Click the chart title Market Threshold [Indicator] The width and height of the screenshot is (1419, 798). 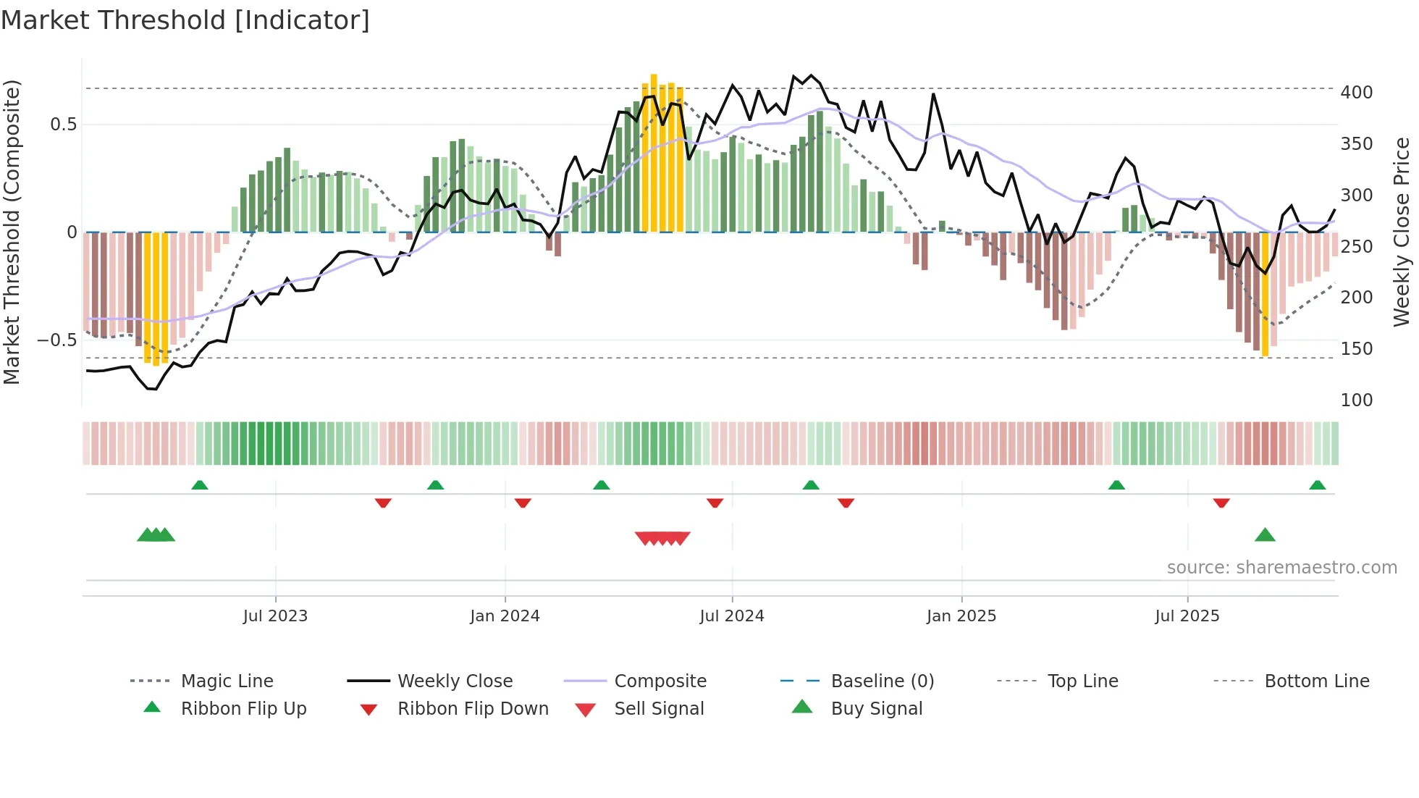pos(185,20)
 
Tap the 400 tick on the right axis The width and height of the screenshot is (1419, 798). pos(1356,93)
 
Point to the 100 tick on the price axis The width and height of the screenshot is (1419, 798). pos(1356,400)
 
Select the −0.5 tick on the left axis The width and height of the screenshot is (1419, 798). pos(57,340)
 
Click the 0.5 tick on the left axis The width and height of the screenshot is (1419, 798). pos(63,125)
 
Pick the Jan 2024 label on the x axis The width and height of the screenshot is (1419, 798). pos(505,616)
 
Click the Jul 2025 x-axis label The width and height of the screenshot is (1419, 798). pos(1187,616)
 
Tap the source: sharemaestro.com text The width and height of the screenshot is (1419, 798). pos(1281,568)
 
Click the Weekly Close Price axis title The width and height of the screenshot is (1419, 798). pos(1402,232)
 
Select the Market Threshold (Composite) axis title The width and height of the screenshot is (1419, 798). pos(12,232)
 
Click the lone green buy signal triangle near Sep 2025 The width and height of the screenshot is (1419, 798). pos(1265,535)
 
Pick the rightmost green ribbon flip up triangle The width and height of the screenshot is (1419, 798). pos(1317,485)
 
